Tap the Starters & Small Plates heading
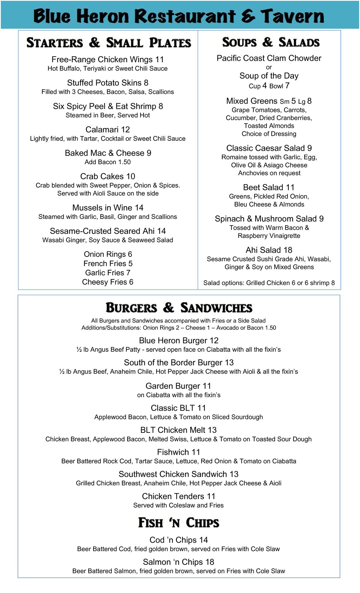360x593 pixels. click(x=109, y=43)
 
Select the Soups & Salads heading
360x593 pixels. click(x=271, y=42)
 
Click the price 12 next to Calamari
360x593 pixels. click(x=125, y=129)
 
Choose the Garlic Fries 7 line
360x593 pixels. click(x=108, y=273)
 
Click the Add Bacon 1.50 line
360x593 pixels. click(x=108, y=162)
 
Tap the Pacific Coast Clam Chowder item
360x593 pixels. click(x=269, y=58)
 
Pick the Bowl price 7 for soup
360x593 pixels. click(x=287, y=86)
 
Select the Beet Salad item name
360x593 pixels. click(x=263, y=187)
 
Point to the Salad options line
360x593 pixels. click(x=269, y=283)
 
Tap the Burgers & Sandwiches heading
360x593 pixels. click(x=179, y=308)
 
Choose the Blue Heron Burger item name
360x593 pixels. click(x=173, y=341)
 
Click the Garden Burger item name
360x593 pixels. click(x=173, y=386)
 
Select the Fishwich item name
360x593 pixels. click(x=173, y=452)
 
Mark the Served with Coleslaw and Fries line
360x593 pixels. click(x=178, y=505)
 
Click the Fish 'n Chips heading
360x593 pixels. click(x=179, y=523)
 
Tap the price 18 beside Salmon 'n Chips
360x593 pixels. click(x=209, y=562)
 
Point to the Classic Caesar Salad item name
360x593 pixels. click(x=265, y=148)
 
